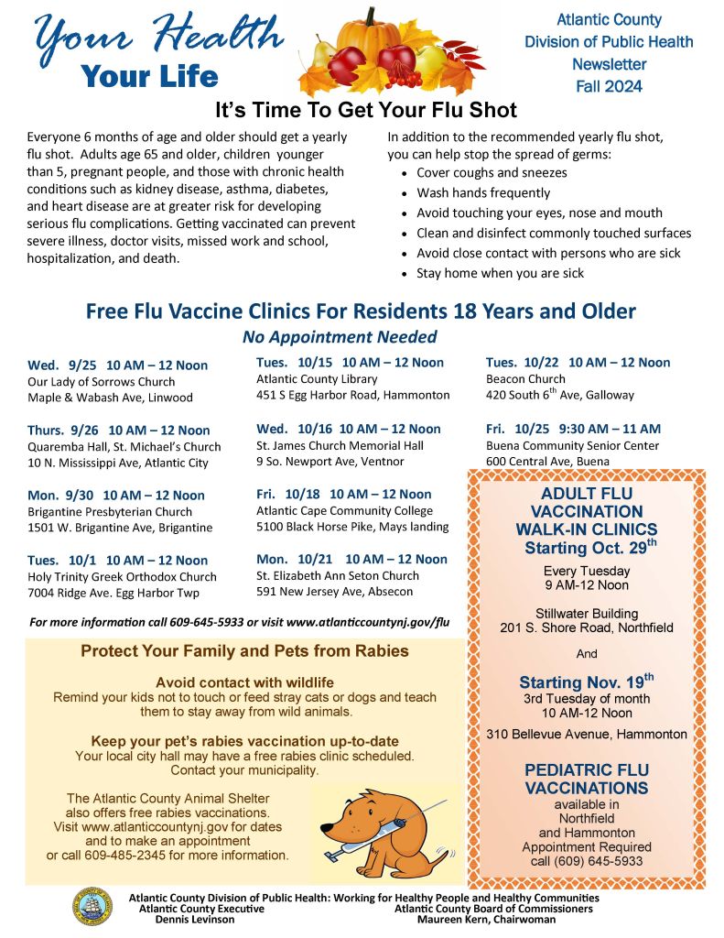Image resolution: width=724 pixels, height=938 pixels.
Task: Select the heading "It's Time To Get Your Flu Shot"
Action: (366, 111)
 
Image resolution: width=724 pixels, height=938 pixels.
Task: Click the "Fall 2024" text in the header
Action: (609, 87)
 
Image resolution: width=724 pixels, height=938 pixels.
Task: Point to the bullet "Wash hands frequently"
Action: (483, 192)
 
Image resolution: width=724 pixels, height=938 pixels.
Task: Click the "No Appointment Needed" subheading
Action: (340, 337)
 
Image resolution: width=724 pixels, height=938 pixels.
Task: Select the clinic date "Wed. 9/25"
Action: (60, 365)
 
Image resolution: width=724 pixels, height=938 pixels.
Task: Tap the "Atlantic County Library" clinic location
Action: (317, 379)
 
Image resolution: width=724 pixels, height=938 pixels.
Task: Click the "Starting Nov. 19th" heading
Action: (586, 682)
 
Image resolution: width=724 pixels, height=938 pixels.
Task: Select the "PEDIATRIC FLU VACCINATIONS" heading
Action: (586, 780)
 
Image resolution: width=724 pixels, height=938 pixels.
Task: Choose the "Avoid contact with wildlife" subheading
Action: (244, 682)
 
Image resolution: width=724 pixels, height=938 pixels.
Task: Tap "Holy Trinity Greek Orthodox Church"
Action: (123, 577)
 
